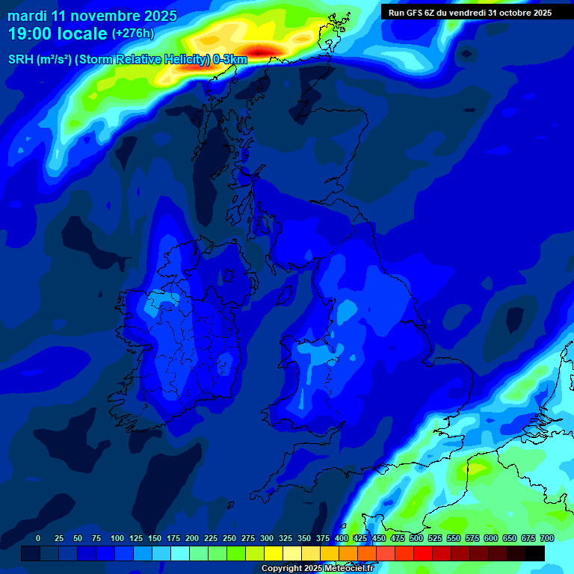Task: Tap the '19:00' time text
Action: pos(30,34)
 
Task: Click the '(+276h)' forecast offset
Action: pos(133,34)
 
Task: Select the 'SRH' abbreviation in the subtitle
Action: pos(22,59)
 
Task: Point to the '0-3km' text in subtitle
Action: pos(230,59)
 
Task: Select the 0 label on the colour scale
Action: pos(38,538)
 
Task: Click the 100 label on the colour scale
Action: pos(117,538)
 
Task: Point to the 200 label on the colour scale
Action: pos(192,538)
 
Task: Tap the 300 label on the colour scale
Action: pos(267,538)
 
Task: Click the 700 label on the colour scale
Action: pos(546,538)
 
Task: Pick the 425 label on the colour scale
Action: pos(360,538)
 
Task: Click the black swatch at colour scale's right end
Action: pos(535,553)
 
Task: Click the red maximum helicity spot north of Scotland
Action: pos(262,51)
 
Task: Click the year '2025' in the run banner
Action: pos(540,13)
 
